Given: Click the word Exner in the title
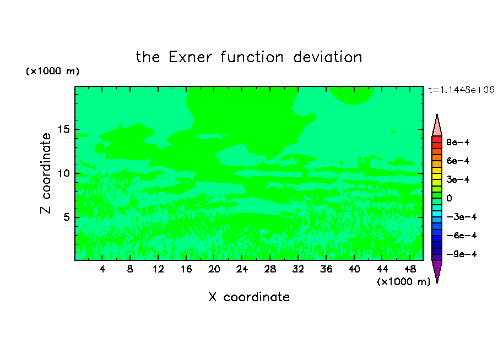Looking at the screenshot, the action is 190,57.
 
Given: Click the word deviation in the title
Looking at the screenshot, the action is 328,57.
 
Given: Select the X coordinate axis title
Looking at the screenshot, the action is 249,297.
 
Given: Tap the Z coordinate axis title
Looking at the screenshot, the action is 45,173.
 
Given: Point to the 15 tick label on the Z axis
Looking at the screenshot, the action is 64,129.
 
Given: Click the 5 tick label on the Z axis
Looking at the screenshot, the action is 67,217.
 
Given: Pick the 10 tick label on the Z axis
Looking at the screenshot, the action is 64,173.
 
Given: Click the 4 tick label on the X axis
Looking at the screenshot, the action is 102,269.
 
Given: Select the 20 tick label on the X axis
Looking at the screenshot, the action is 214,269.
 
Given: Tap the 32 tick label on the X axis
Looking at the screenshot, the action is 298,269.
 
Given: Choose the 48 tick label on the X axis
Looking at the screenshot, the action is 410,269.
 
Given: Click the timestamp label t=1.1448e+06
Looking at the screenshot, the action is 461,90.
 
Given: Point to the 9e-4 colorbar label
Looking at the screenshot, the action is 458,142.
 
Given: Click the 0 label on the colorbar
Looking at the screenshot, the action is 449,198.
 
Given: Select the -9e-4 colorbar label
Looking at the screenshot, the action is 462,254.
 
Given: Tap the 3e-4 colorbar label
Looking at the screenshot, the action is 458,179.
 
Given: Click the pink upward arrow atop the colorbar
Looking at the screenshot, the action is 437,126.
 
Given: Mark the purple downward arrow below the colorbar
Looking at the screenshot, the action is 437,271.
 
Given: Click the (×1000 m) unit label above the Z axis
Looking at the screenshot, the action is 52,71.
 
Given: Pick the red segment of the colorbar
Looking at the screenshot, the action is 437,139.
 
